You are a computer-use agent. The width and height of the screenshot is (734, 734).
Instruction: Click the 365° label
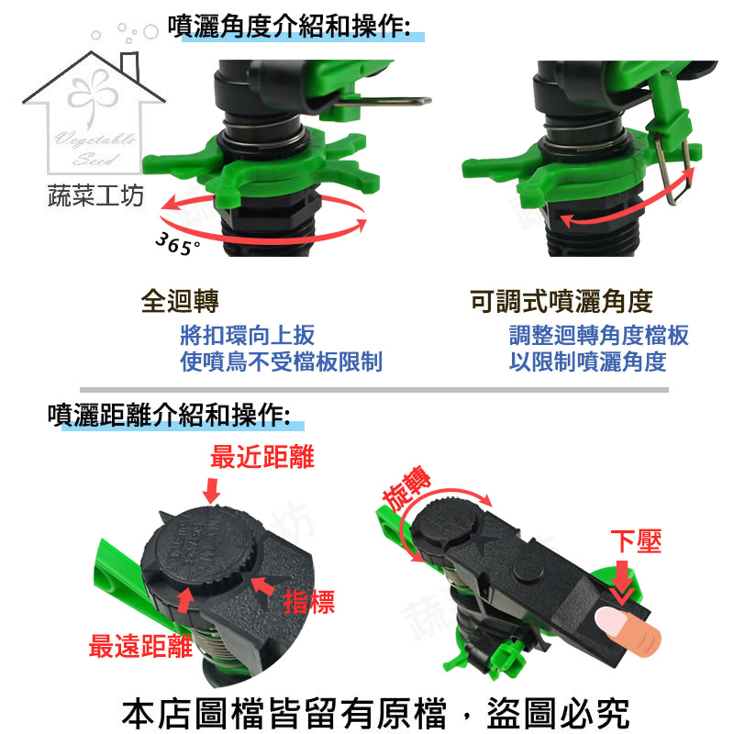(x=178, y=244)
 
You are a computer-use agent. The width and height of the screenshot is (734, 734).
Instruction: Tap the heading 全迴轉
(x=180, y=301)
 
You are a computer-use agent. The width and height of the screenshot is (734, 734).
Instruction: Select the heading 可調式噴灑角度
(x=562, y=301)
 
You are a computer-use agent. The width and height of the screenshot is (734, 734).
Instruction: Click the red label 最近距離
(x=262, y=456)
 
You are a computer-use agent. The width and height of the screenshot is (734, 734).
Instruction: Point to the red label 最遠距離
(x=140, y=646)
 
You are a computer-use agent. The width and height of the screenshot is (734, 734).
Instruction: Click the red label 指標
(x=309, y=602)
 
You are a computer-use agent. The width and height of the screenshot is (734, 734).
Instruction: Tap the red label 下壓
(x=636, y=541)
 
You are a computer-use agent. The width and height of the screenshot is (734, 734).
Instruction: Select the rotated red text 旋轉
(x=406, y=488)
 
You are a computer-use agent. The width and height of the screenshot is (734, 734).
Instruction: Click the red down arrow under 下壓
(x=623, y=582)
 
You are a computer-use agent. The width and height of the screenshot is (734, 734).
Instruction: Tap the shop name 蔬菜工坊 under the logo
(x=95, y=195)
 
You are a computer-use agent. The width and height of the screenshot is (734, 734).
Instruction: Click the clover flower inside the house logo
(x=93, y=94)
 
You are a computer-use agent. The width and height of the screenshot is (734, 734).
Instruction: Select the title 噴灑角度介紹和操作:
(x=289, y=27)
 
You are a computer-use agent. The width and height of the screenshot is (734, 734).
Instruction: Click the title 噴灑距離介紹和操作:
(x=169, y=415)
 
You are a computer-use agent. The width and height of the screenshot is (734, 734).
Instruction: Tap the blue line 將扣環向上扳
(x=247, y=335)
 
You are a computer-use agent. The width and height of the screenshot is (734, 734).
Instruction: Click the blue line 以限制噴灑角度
(x=587, y=361)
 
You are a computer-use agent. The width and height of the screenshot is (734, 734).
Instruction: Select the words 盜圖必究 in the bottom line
(x=558, y=713)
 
